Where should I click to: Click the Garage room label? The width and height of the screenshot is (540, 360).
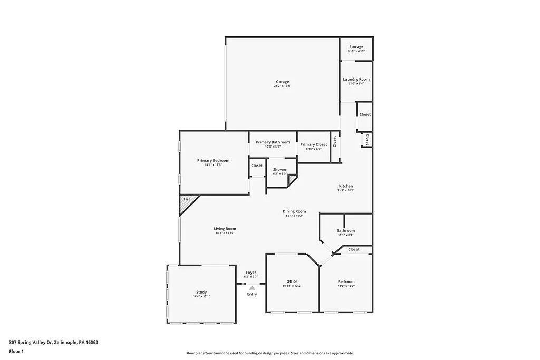coord(283,82)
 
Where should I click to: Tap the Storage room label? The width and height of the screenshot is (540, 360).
coord(356,47)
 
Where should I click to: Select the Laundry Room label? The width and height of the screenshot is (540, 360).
coord(356,79)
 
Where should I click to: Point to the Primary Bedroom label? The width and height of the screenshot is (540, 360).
coord(214,160)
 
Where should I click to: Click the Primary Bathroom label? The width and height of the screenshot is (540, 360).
coord(273,142)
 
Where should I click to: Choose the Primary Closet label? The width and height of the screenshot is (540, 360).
coord(314,144)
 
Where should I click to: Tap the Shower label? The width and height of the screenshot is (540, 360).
coord(279,170)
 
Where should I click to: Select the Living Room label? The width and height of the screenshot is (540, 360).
coord(225,229)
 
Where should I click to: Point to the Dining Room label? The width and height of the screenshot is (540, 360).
coord(295,211)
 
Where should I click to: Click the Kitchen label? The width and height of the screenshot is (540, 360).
coord(346,186)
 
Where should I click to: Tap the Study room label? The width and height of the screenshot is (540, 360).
coord(201,292)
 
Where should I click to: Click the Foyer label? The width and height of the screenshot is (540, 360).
coord(251,273)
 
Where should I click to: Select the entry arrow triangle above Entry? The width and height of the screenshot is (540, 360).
coord(252,287)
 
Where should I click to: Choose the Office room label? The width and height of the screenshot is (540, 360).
coord(292,281)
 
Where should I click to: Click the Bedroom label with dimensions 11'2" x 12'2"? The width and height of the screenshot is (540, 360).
coord(346,282)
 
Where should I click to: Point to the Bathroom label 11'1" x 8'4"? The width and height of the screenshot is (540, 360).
coord(346,231)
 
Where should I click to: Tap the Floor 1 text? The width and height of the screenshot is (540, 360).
coord(16,351)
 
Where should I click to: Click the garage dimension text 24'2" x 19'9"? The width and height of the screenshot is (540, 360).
coord(283,86)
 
